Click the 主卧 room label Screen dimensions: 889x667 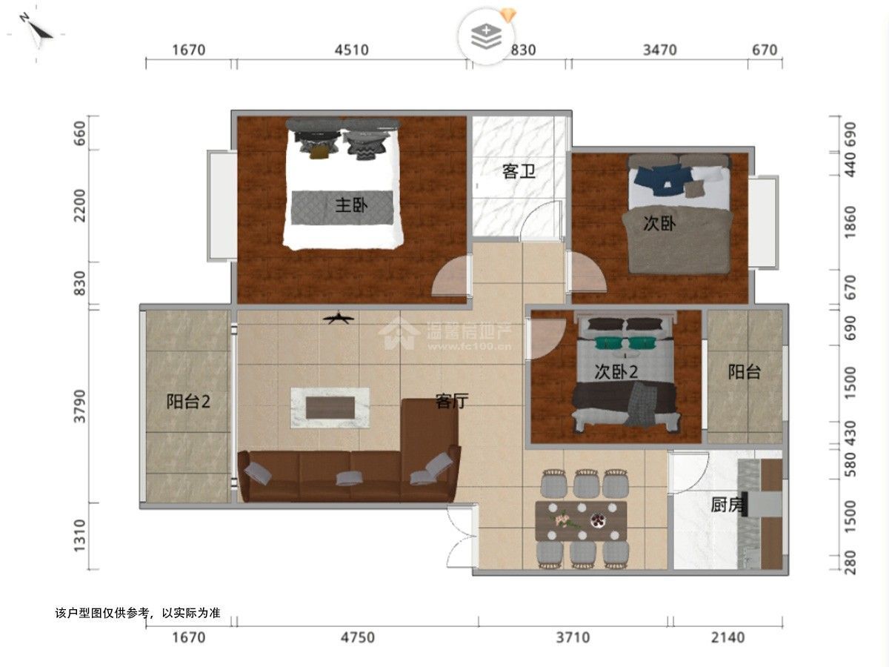pyautogui.click(x=351, y=205)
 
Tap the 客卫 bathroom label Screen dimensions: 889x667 pyautogui.click(x=519, y=171)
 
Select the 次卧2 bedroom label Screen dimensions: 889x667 pyautogui.click(x=616, y=372)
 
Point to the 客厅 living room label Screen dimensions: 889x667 pyautogui.click(x=452, y=401)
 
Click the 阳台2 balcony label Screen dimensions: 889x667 pyautogui.click(x=188, y=402)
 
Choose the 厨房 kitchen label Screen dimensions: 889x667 pyautogui.click(x=727, y=505)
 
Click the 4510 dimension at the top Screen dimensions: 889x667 pyautogui.click(x=352, y=50)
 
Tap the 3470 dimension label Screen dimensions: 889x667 pyautogui.click(x=660, y=50)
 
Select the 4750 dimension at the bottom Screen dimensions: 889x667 pyautogui.click(x=357, y=637)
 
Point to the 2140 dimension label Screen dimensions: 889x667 pyautogui.click(x=727, y=637)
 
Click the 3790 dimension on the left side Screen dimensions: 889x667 pyautogui.click(x=80, y=406)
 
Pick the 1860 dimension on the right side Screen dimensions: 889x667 pyautogui.click(x=850, y=222)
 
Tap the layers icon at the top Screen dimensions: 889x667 pyautogui.click(x=486, y=37)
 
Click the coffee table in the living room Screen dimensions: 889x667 pyautogui.click(x=330, y=408)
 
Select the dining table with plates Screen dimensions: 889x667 pyautogui.click(x=582, y=521)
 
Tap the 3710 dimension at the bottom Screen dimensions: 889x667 pyautogui.click(x=573, y=637)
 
